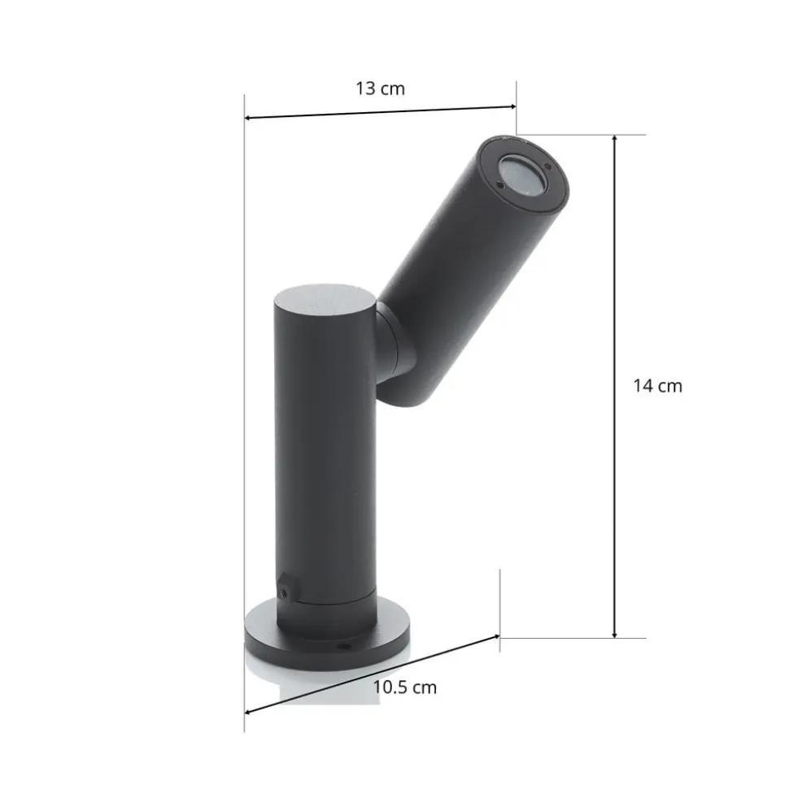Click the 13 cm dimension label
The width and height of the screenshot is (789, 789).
(379, 89)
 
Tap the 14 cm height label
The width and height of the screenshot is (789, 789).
(657, 386)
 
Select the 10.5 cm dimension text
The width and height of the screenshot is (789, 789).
(404, 687)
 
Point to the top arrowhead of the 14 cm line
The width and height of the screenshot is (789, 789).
(615, 140)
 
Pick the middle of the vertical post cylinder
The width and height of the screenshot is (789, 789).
(324, 455)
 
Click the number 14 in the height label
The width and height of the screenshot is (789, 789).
(643, 386)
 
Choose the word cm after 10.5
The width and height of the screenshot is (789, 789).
(423, 687)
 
